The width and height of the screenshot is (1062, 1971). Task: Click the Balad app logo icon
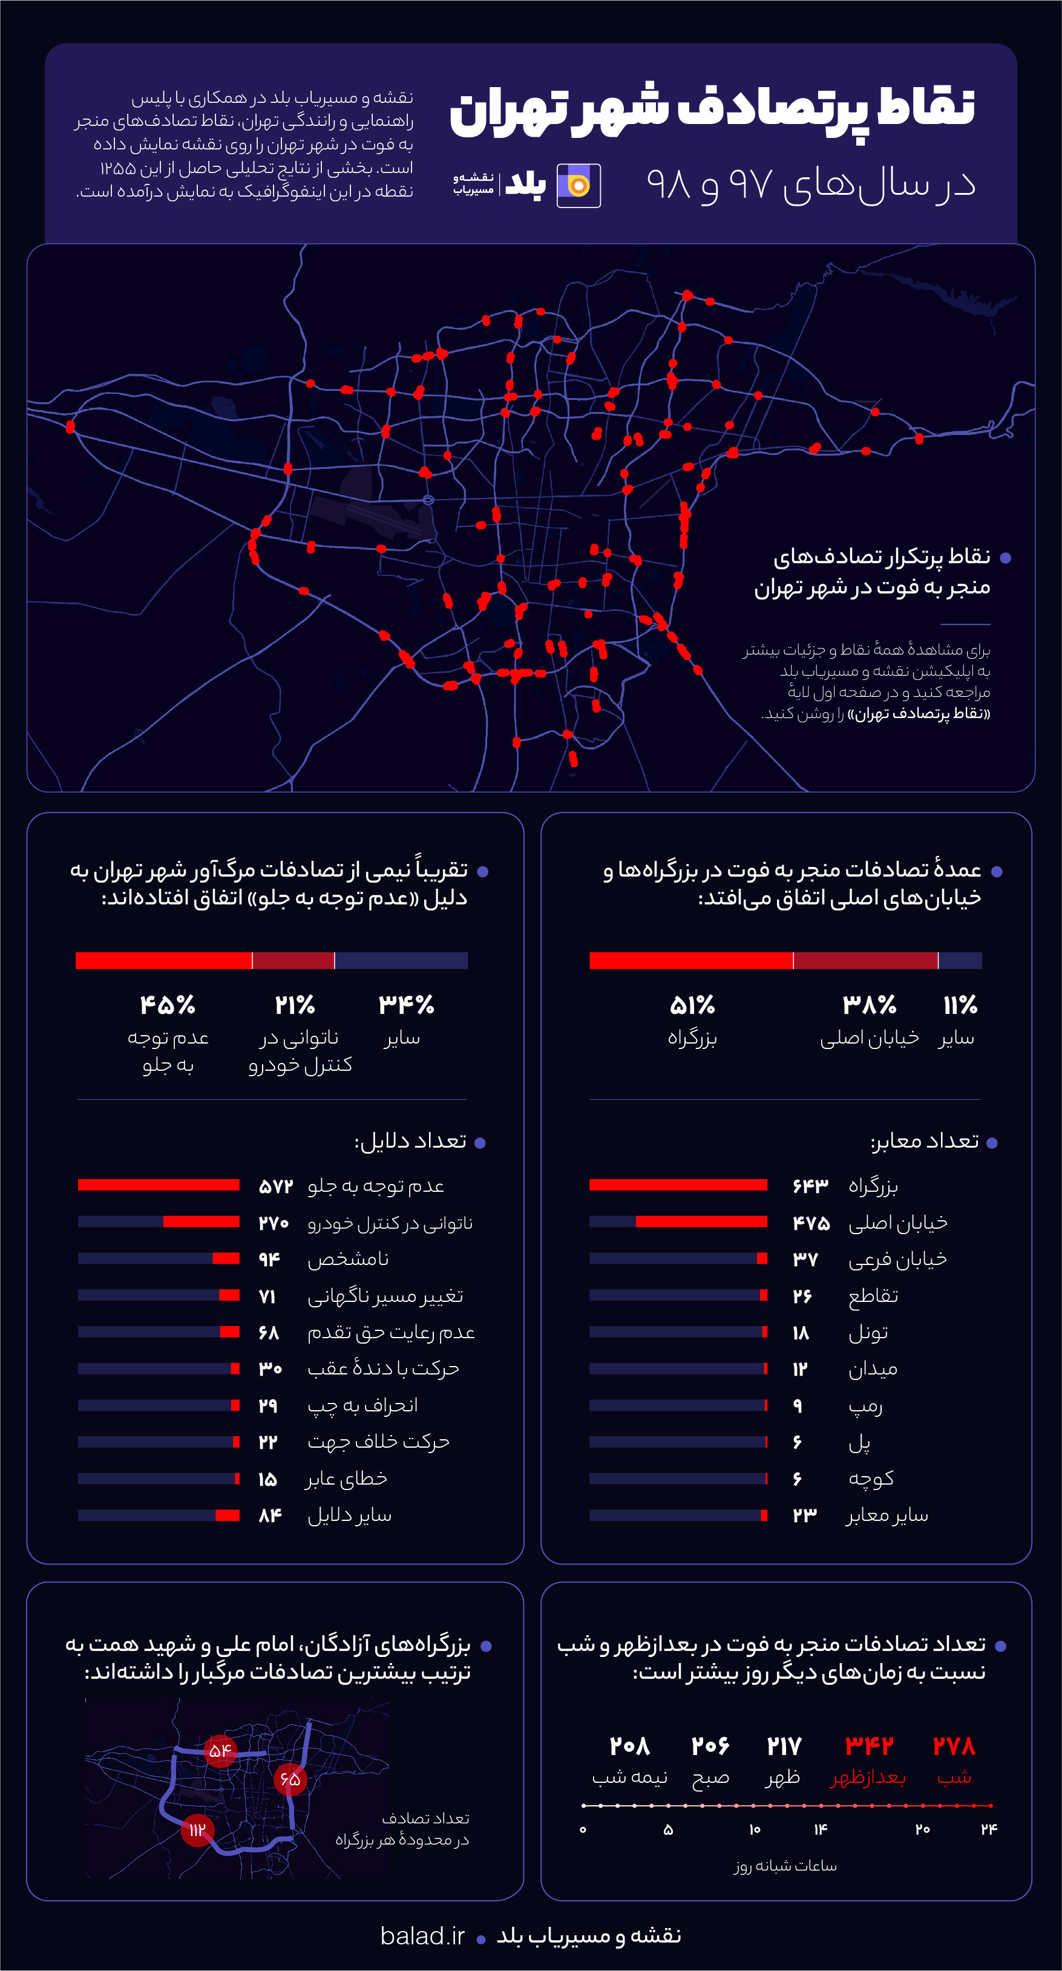[579, 185]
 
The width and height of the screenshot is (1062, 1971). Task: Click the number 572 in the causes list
[275, 1186]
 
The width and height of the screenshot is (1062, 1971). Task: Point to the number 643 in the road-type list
[810, 1186]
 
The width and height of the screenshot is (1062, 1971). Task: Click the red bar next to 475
[701, 1222]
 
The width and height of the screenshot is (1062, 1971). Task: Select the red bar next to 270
[202, 1222]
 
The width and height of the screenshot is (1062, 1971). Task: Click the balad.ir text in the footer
[422, 1935]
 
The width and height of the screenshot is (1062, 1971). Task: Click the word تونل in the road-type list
[868, 1333]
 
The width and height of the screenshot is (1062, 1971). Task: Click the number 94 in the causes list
[269, 1259]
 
